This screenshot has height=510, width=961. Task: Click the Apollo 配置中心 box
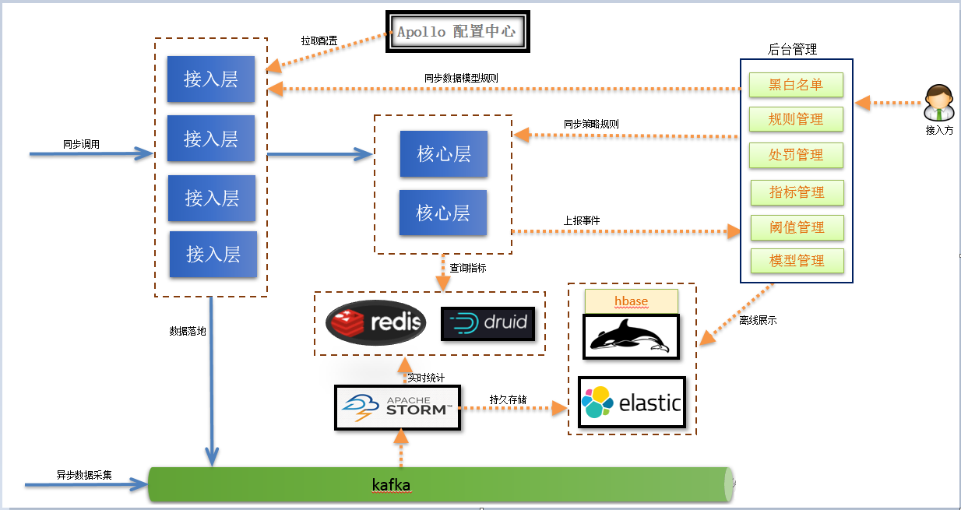(458, 32)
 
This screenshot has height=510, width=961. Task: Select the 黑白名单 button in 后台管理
(796, 84)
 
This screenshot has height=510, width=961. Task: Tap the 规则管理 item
(796, 119)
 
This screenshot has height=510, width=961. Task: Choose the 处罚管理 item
(796, 154)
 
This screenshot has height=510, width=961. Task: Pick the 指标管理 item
(797, 192)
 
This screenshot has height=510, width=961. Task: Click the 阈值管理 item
(797, 227)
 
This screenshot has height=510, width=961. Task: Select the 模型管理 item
(797, 261)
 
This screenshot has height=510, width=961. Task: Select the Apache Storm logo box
(397, 407)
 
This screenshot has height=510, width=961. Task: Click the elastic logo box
(632, 403)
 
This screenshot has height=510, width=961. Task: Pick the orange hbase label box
(631, 301)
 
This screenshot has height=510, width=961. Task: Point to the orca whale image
(631, 336)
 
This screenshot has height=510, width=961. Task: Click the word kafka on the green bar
(391, 485)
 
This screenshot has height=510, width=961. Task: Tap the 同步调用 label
(82, 145)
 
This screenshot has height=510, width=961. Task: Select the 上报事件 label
(582, 220)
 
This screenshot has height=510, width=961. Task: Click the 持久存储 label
(508, 399)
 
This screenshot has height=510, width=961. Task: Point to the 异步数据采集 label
(84, 474)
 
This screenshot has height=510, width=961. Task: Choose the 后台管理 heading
(792, 50)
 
